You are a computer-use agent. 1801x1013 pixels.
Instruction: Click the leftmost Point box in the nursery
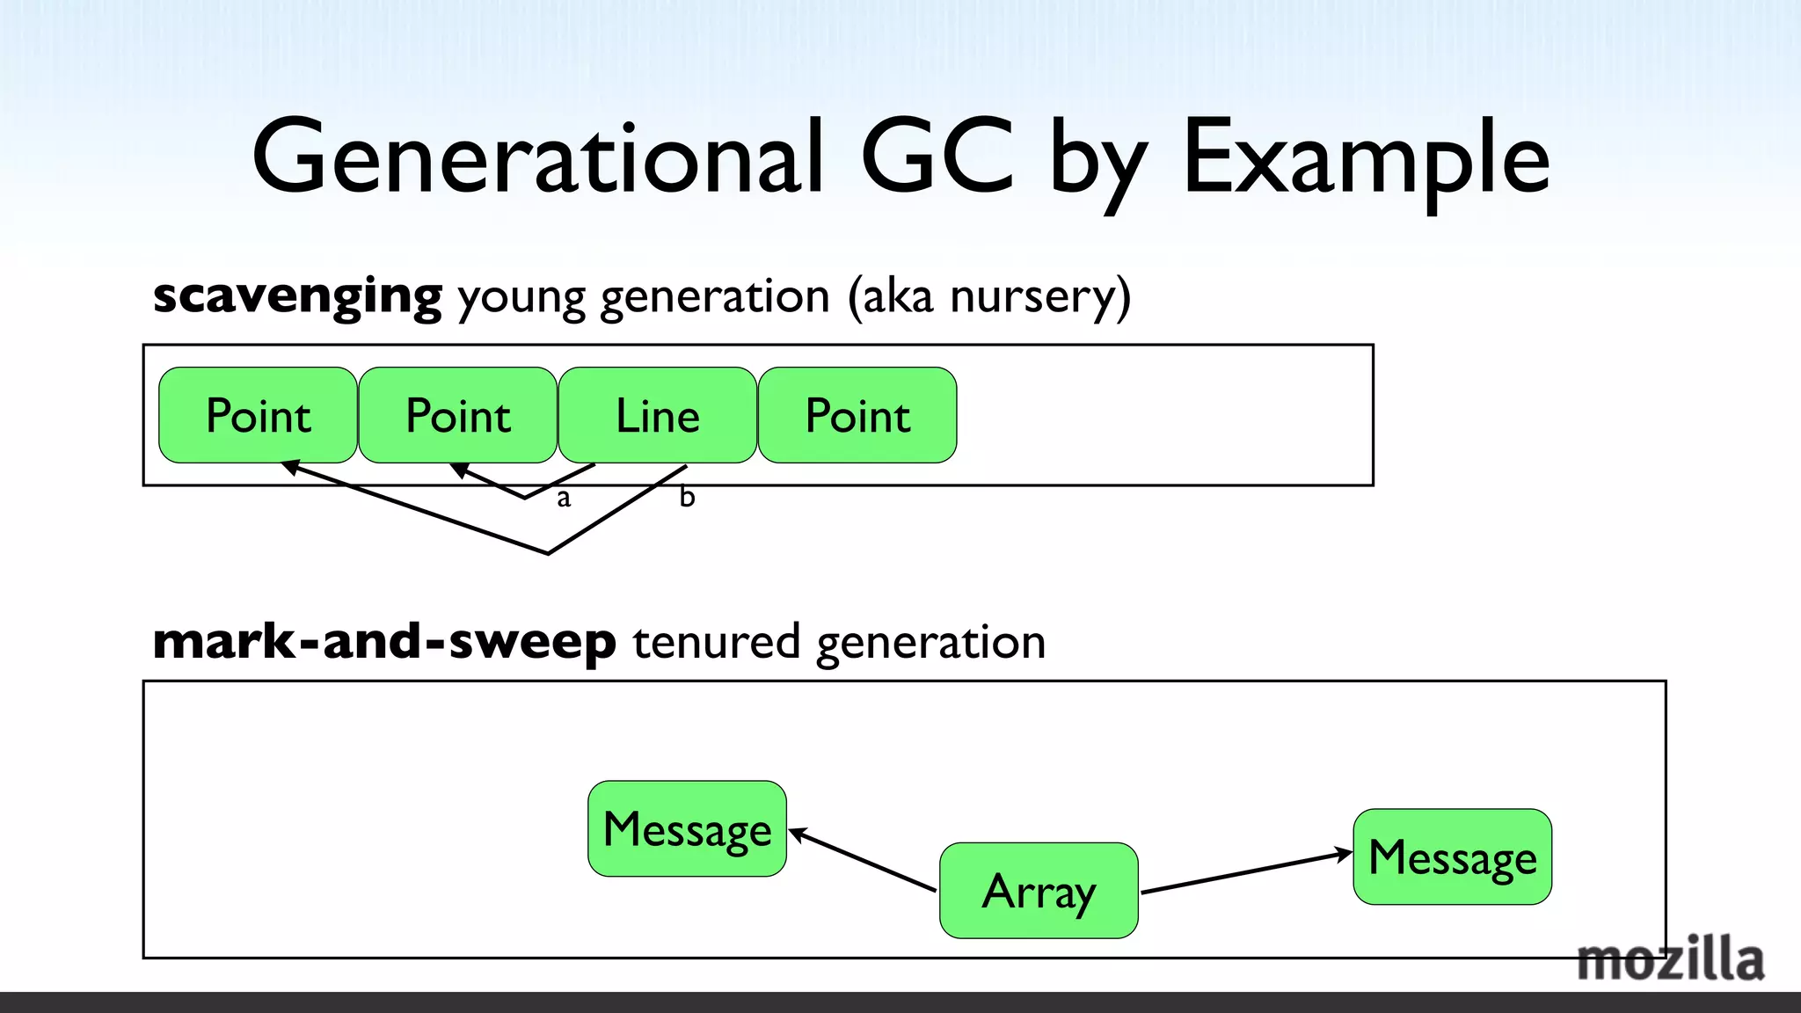pyautogui.click(x=258, y=415)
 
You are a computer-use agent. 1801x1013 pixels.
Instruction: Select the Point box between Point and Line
pyautogui.click(x=457, y=415)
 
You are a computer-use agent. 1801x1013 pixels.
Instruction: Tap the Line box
pyautogui.click(x=657, y=415)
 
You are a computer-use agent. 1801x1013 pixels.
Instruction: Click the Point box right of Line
pyautogui.click(x=857, y=415)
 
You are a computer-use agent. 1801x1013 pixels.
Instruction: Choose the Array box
pyautogui.click(x=1039, y=891)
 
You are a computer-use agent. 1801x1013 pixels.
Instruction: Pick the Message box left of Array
pyautogui.click(x=687, y=828)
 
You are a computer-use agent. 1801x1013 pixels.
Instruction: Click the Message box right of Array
pyautogui.click(x=1452, y=856)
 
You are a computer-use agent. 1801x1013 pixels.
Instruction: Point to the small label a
pyautogui.click(x=564, y=499)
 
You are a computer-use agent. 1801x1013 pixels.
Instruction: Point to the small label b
pyautogui.click(x=687, y=497)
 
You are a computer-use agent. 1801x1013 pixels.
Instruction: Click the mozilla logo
pyautogui.click(x=1669, y=960)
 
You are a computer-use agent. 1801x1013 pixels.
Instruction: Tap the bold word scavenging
pyautogui.click(x=297, y=296)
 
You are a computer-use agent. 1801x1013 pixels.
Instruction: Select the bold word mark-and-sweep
pyautogui.click(x=384, y=642)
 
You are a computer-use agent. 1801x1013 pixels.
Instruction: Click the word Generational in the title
pyautogui.click(x=538, y=158)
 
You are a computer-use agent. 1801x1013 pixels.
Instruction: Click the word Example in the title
pyautogui.click(x=1366, y=158)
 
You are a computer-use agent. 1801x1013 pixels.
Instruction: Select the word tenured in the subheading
pyautogui.click(x=716, y=642)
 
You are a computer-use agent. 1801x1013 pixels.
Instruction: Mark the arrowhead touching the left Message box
pyautogui.click(x=797, y=834)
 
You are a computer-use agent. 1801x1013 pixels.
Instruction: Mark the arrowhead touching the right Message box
pyautogui.click(x=1343, y=853)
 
